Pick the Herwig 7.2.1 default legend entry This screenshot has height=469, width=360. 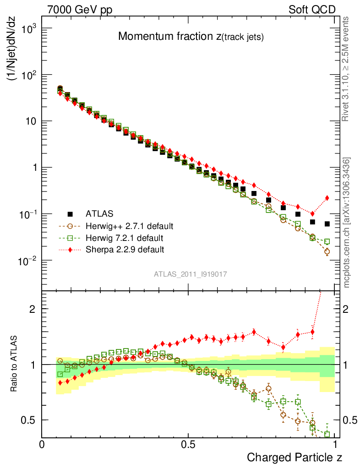click(x=125, y=238)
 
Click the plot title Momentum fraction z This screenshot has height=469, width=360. click(x=191, y=38)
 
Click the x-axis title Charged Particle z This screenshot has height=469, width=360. click(x=295, y=457)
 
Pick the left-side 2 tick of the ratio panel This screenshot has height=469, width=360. click(x=33, y=309)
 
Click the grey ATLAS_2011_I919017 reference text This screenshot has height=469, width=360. click(x=191, y=274)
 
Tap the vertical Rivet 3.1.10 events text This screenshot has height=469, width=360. click(x=346, y=69)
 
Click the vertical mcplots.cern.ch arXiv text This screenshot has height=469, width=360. click(x=347, y=222)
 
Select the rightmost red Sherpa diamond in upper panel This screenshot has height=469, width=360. click(x=327, y=198)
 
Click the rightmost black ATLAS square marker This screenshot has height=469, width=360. click(x=327, y=224)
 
